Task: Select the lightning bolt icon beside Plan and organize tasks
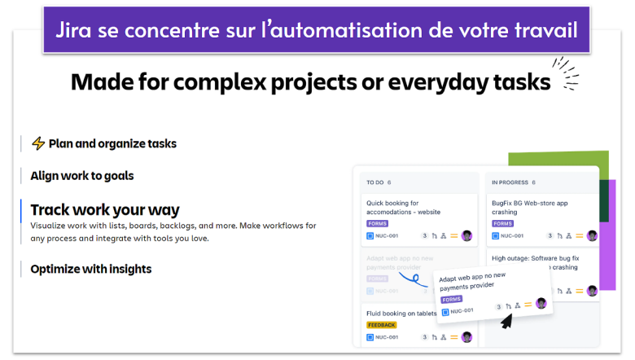[x=37, y=143]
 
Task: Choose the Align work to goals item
[x=81, y=175]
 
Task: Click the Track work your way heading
[x=105, y=209]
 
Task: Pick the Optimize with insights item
[x=90, y=269]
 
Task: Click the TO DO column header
[x=375, y=182]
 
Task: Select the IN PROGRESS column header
[x=510, y=182]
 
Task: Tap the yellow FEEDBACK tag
[x=381, y=324]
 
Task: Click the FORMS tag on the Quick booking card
[x=377, y=223]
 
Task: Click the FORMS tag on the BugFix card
[x=502, y=223]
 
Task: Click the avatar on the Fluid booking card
[x=466, y=336]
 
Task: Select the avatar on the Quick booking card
[x=466, y=235]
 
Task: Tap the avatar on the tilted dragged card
[x=541, y=303]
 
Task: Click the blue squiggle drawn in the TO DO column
[x=414, y=281]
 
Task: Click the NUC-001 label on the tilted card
[x=462, y=310]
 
